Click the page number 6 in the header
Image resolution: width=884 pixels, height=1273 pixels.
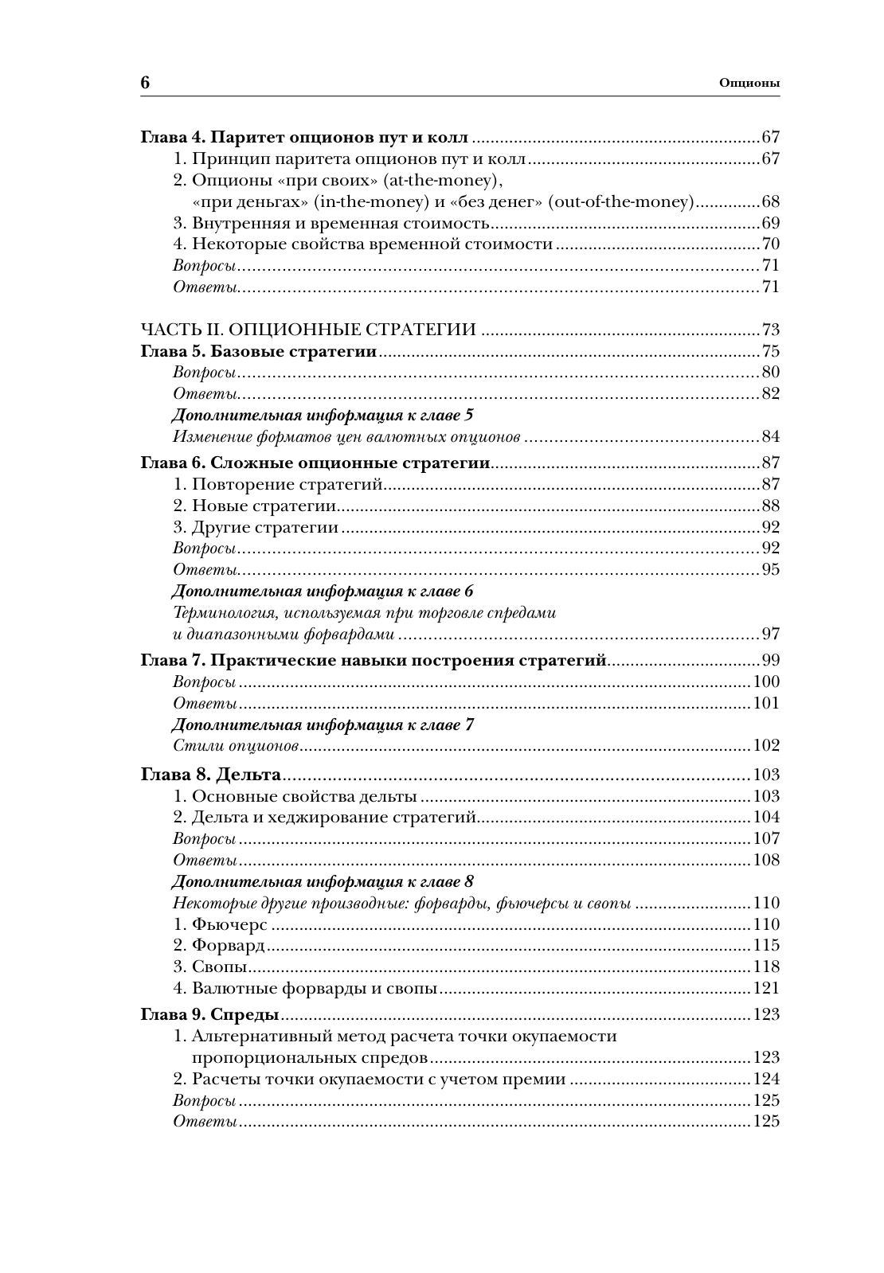coord(146,83)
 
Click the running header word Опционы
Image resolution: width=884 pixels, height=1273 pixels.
coord(749,83)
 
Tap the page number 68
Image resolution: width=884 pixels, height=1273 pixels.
coord(770,201)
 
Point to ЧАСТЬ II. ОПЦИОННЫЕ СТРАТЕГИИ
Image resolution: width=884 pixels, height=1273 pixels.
coord(308,330)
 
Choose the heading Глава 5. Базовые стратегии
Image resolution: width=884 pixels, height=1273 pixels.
coord(259,351)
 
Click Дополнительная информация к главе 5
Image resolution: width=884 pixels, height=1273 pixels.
coord(323,415)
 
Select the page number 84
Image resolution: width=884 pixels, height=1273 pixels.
coord(770,436)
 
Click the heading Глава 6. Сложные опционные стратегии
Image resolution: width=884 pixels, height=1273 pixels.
coord(315,463)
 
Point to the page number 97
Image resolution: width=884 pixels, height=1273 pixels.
coord(770,634)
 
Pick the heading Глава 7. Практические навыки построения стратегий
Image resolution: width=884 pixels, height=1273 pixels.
coord(374,660)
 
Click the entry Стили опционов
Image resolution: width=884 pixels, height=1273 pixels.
coord(235,745)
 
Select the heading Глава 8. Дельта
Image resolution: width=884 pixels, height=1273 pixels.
coord(211,775)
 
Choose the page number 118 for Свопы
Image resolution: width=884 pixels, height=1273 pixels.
coord(765,966)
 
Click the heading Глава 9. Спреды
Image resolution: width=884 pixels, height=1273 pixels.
coord(209,1014)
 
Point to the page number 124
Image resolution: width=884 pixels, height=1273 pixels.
coord(765,1079)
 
